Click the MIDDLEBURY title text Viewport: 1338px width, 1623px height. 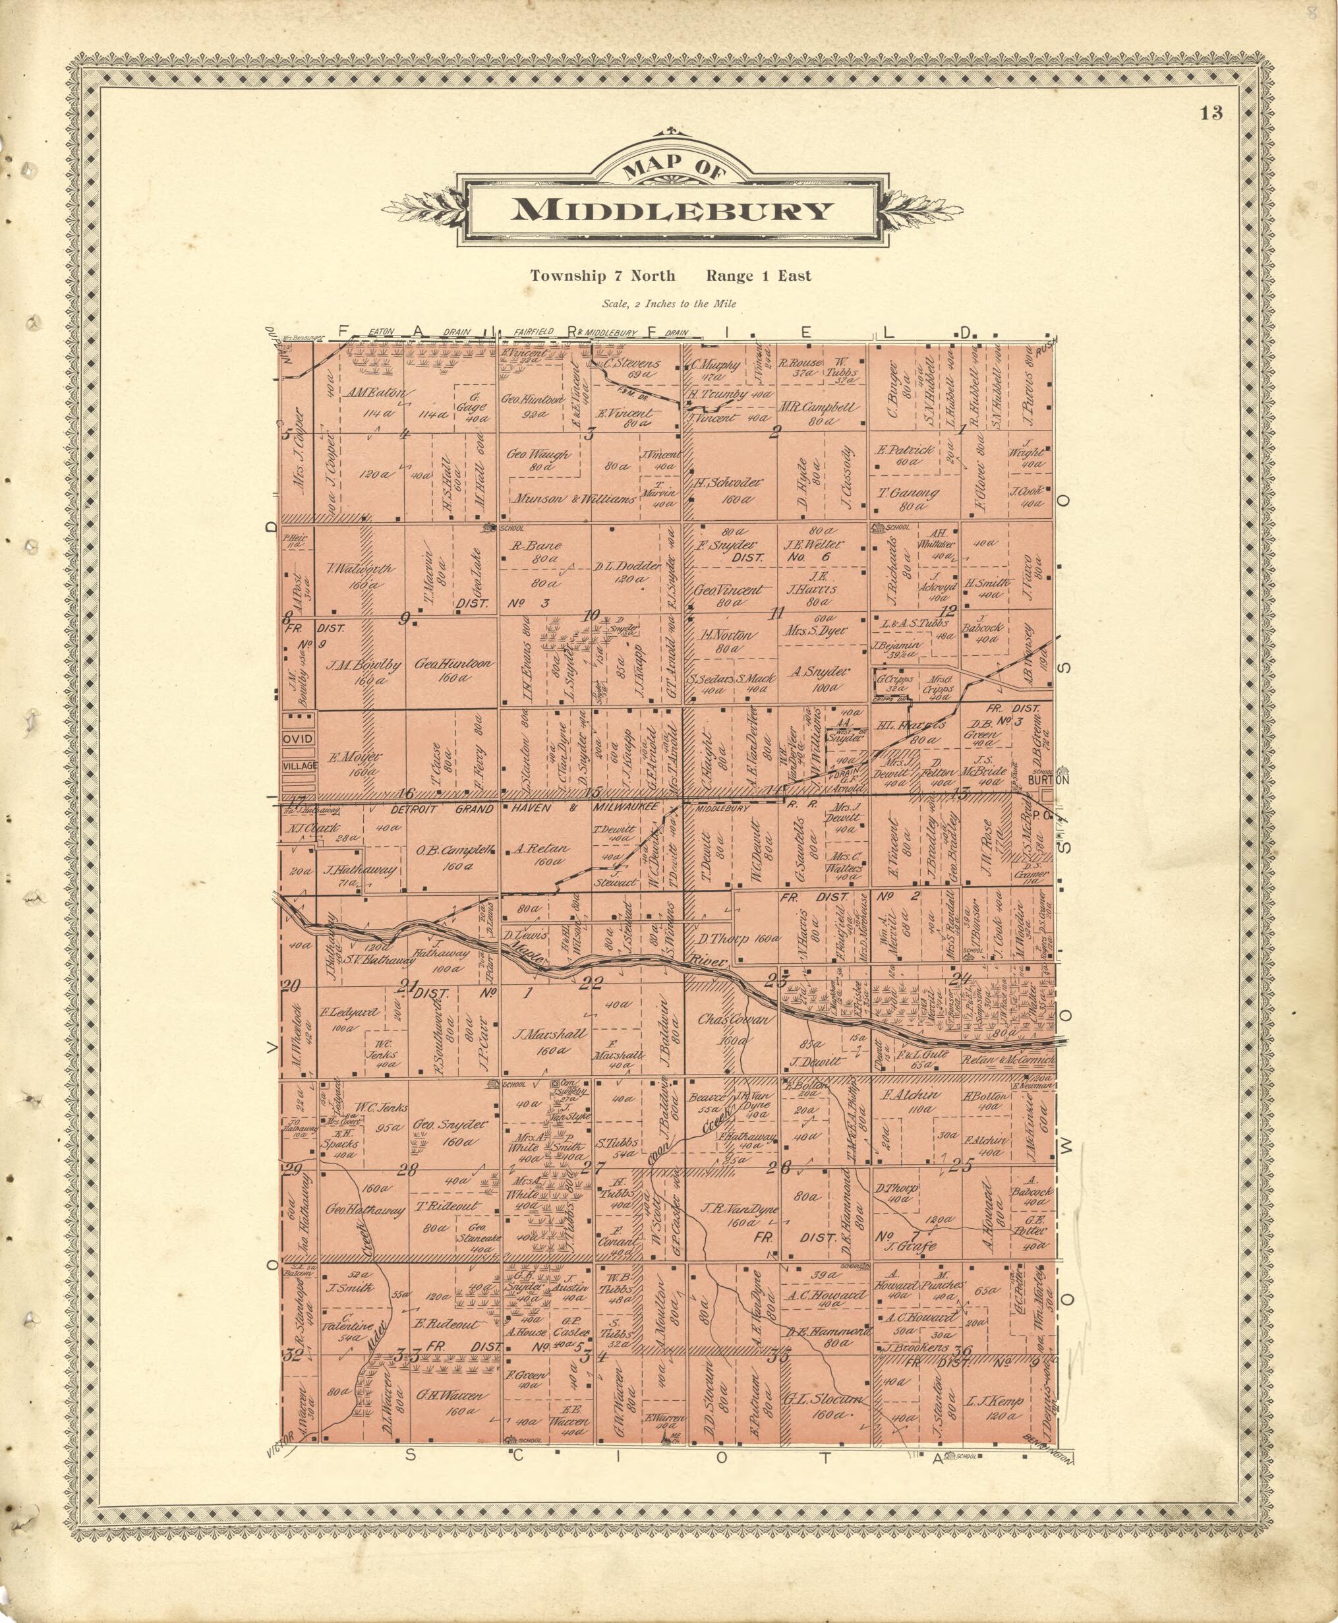(x=672, y=210)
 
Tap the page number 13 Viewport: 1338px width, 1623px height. (x=1211, y=113)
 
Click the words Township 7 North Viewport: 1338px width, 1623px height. (x=602, y=276)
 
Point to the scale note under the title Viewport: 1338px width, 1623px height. (x=669, y=304)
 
